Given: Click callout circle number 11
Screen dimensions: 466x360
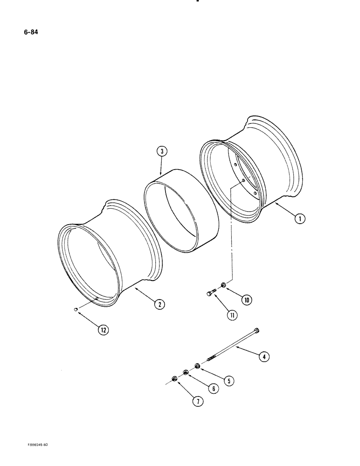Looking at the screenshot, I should pyautogui.click(x=231, y=315).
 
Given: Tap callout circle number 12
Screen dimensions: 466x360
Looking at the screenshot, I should pyautogui.click(x=103, y=330).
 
